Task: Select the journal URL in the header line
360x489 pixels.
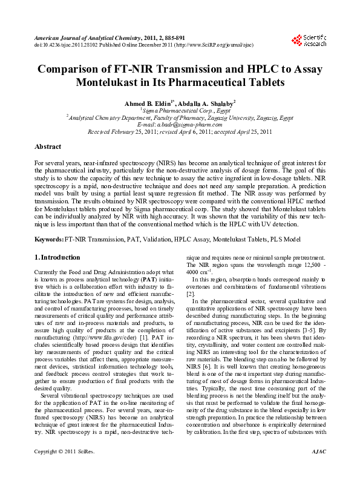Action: (228, 44)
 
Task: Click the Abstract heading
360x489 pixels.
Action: (48, 147)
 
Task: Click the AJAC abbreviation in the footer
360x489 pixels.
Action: (318, 468)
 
